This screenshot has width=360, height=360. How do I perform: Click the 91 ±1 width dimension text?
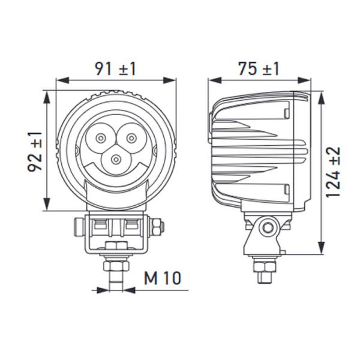pyautogui.click(x=115, y=68)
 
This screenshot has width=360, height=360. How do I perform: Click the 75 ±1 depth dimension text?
pyautogui.click(x=258, y=68)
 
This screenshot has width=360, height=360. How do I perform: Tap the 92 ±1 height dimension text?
pyautogui.click(x=35, y=151)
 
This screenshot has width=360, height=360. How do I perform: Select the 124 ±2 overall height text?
pyautogui.click(x=334, y=172)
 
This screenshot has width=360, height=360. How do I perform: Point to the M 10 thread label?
pyautogui.click(x=163, y=278)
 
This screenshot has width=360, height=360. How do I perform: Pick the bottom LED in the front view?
pyautogui.click(x=115, y=160)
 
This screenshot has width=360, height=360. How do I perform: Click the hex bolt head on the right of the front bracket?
pyautogui.click(x=157, y=227)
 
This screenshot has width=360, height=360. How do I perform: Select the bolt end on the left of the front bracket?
pyautogui.click(x=77, y=227)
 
